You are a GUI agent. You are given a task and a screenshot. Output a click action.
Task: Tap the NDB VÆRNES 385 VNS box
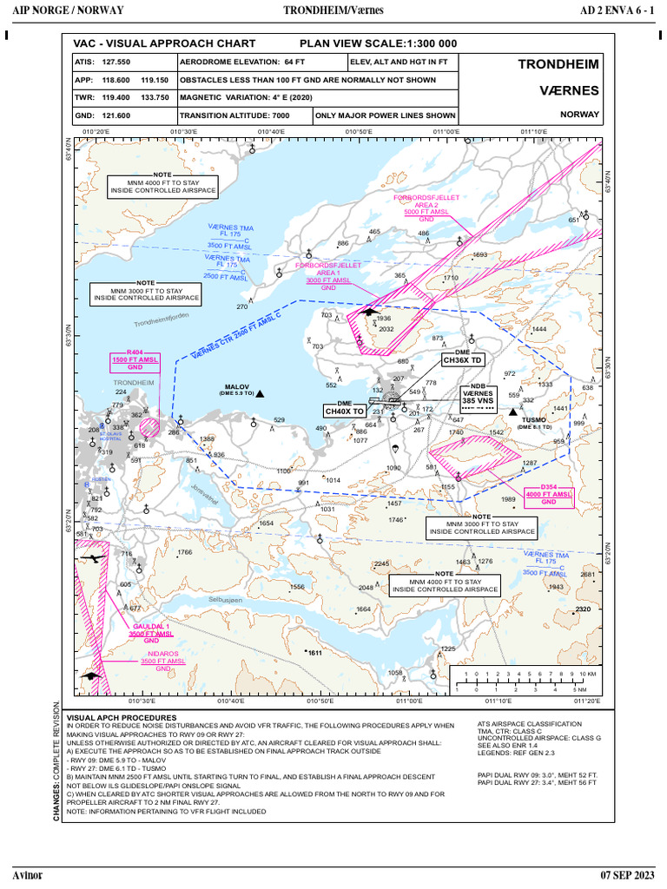(x=478, y=397)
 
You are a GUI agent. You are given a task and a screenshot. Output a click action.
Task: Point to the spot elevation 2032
(x=386, y=329)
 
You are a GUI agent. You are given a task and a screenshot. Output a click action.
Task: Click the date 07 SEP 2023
(x=624, y=873)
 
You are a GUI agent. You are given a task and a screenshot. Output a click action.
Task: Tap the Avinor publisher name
(x=27, y=873)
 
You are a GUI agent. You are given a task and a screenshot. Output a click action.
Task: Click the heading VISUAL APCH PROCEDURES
(x=116, y=718)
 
